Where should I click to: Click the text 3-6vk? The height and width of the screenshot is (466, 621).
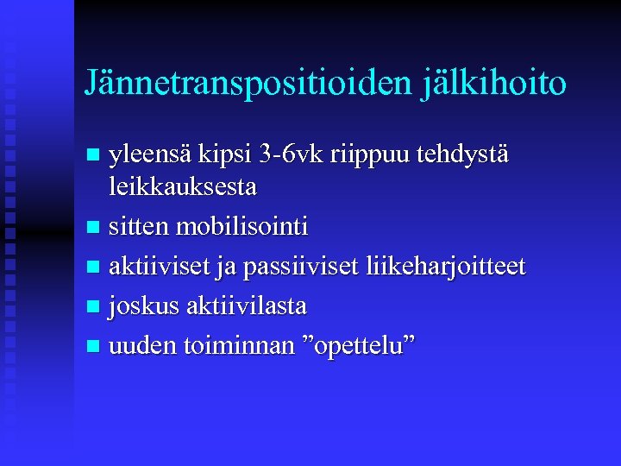click(x=292, y=156)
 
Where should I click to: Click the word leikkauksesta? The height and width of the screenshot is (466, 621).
click(x=183, y=186)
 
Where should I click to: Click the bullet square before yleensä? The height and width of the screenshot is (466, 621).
click(x=94, y=156)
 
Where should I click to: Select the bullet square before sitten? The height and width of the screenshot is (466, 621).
click(x=94, y=228)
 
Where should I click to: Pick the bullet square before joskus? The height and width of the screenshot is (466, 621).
click(x=94, y=306)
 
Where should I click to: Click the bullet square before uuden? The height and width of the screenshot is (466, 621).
click(x=94, y=347)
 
